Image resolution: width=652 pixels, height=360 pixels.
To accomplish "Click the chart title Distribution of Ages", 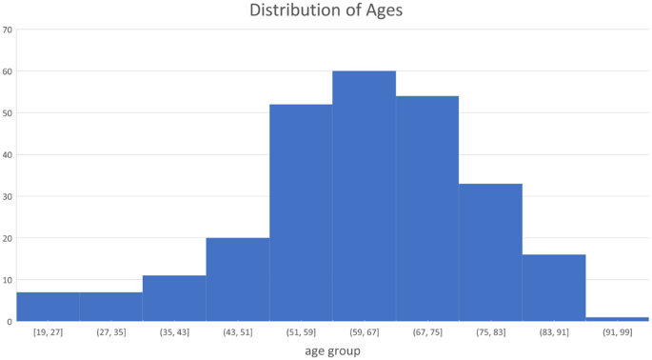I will point(325,10).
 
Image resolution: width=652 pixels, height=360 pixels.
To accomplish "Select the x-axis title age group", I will point(332,350).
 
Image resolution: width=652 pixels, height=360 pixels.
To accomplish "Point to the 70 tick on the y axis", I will point(8,30).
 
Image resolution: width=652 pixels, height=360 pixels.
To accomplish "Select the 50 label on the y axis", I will point(8,112).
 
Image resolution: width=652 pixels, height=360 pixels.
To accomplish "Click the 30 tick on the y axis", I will point(8,196).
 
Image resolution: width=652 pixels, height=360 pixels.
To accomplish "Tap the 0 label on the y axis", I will point(10,321).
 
